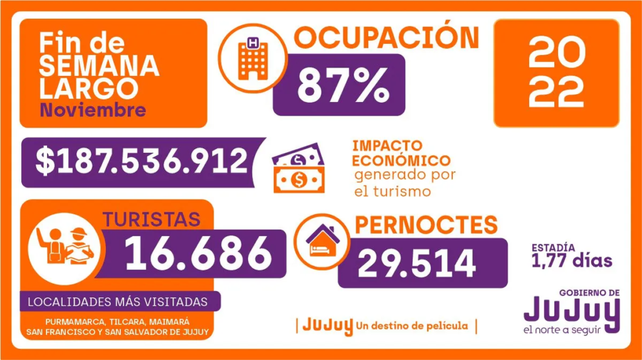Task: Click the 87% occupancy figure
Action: click(342, 85)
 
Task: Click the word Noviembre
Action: click(93, 110)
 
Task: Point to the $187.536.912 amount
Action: click(142, 162)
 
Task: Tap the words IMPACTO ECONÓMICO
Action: click(401, 152)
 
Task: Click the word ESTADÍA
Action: click(555, 247)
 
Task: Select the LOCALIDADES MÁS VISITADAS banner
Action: click(117, 302)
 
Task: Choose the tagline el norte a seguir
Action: click(571, 331)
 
